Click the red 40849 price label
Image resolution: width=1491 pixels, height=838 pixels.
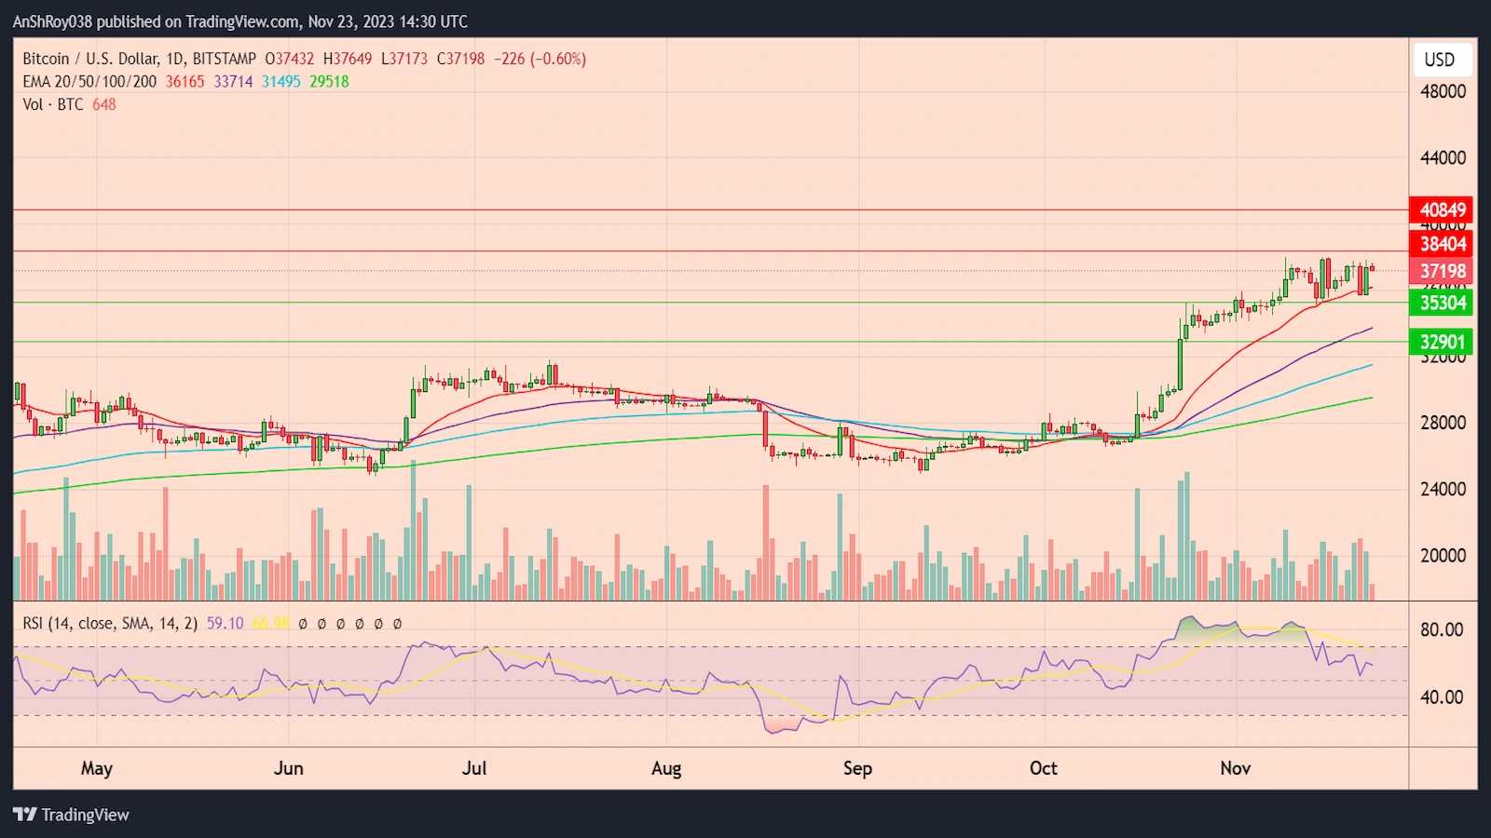1442,210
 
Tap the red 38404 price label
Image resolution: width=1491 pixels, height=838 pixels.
1442,244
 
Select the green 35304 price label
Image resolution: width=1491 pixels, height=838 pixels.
1442,303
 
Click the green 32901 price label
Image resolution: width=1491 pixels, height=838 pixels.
1442,342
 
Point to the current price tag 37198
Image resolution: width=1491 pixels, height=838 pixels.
1442,272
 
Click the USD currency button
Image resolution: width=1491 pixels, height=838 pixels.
1440,60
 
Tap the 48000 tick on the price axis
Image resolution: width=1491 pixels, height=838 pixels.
1443,91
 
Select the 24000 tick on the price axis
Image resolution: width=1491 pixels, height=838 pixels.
1443,489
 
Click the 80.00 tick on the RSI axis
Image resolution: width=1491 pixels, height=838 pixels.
1442,630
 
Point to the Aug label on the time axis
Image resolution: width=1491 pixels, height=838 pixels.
666,768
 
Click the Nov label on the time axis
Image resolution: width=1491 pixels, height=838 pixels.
1236,768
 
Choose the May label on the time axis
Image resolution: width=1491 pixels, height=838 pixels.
97,768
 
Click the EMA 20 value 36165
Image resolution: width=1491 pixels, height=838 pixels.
185,82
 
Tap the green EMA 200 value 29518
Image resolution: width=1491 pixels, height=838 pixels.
329,82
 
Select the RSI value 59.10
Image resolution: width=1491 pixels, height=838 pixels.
225,624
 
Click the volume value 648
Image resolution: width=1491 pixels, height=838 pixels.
104,104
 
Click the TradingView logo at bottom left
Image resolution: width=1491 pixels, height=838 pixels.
72,815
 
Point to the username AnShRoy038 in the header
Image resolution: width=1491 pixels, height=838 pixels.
52,21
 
